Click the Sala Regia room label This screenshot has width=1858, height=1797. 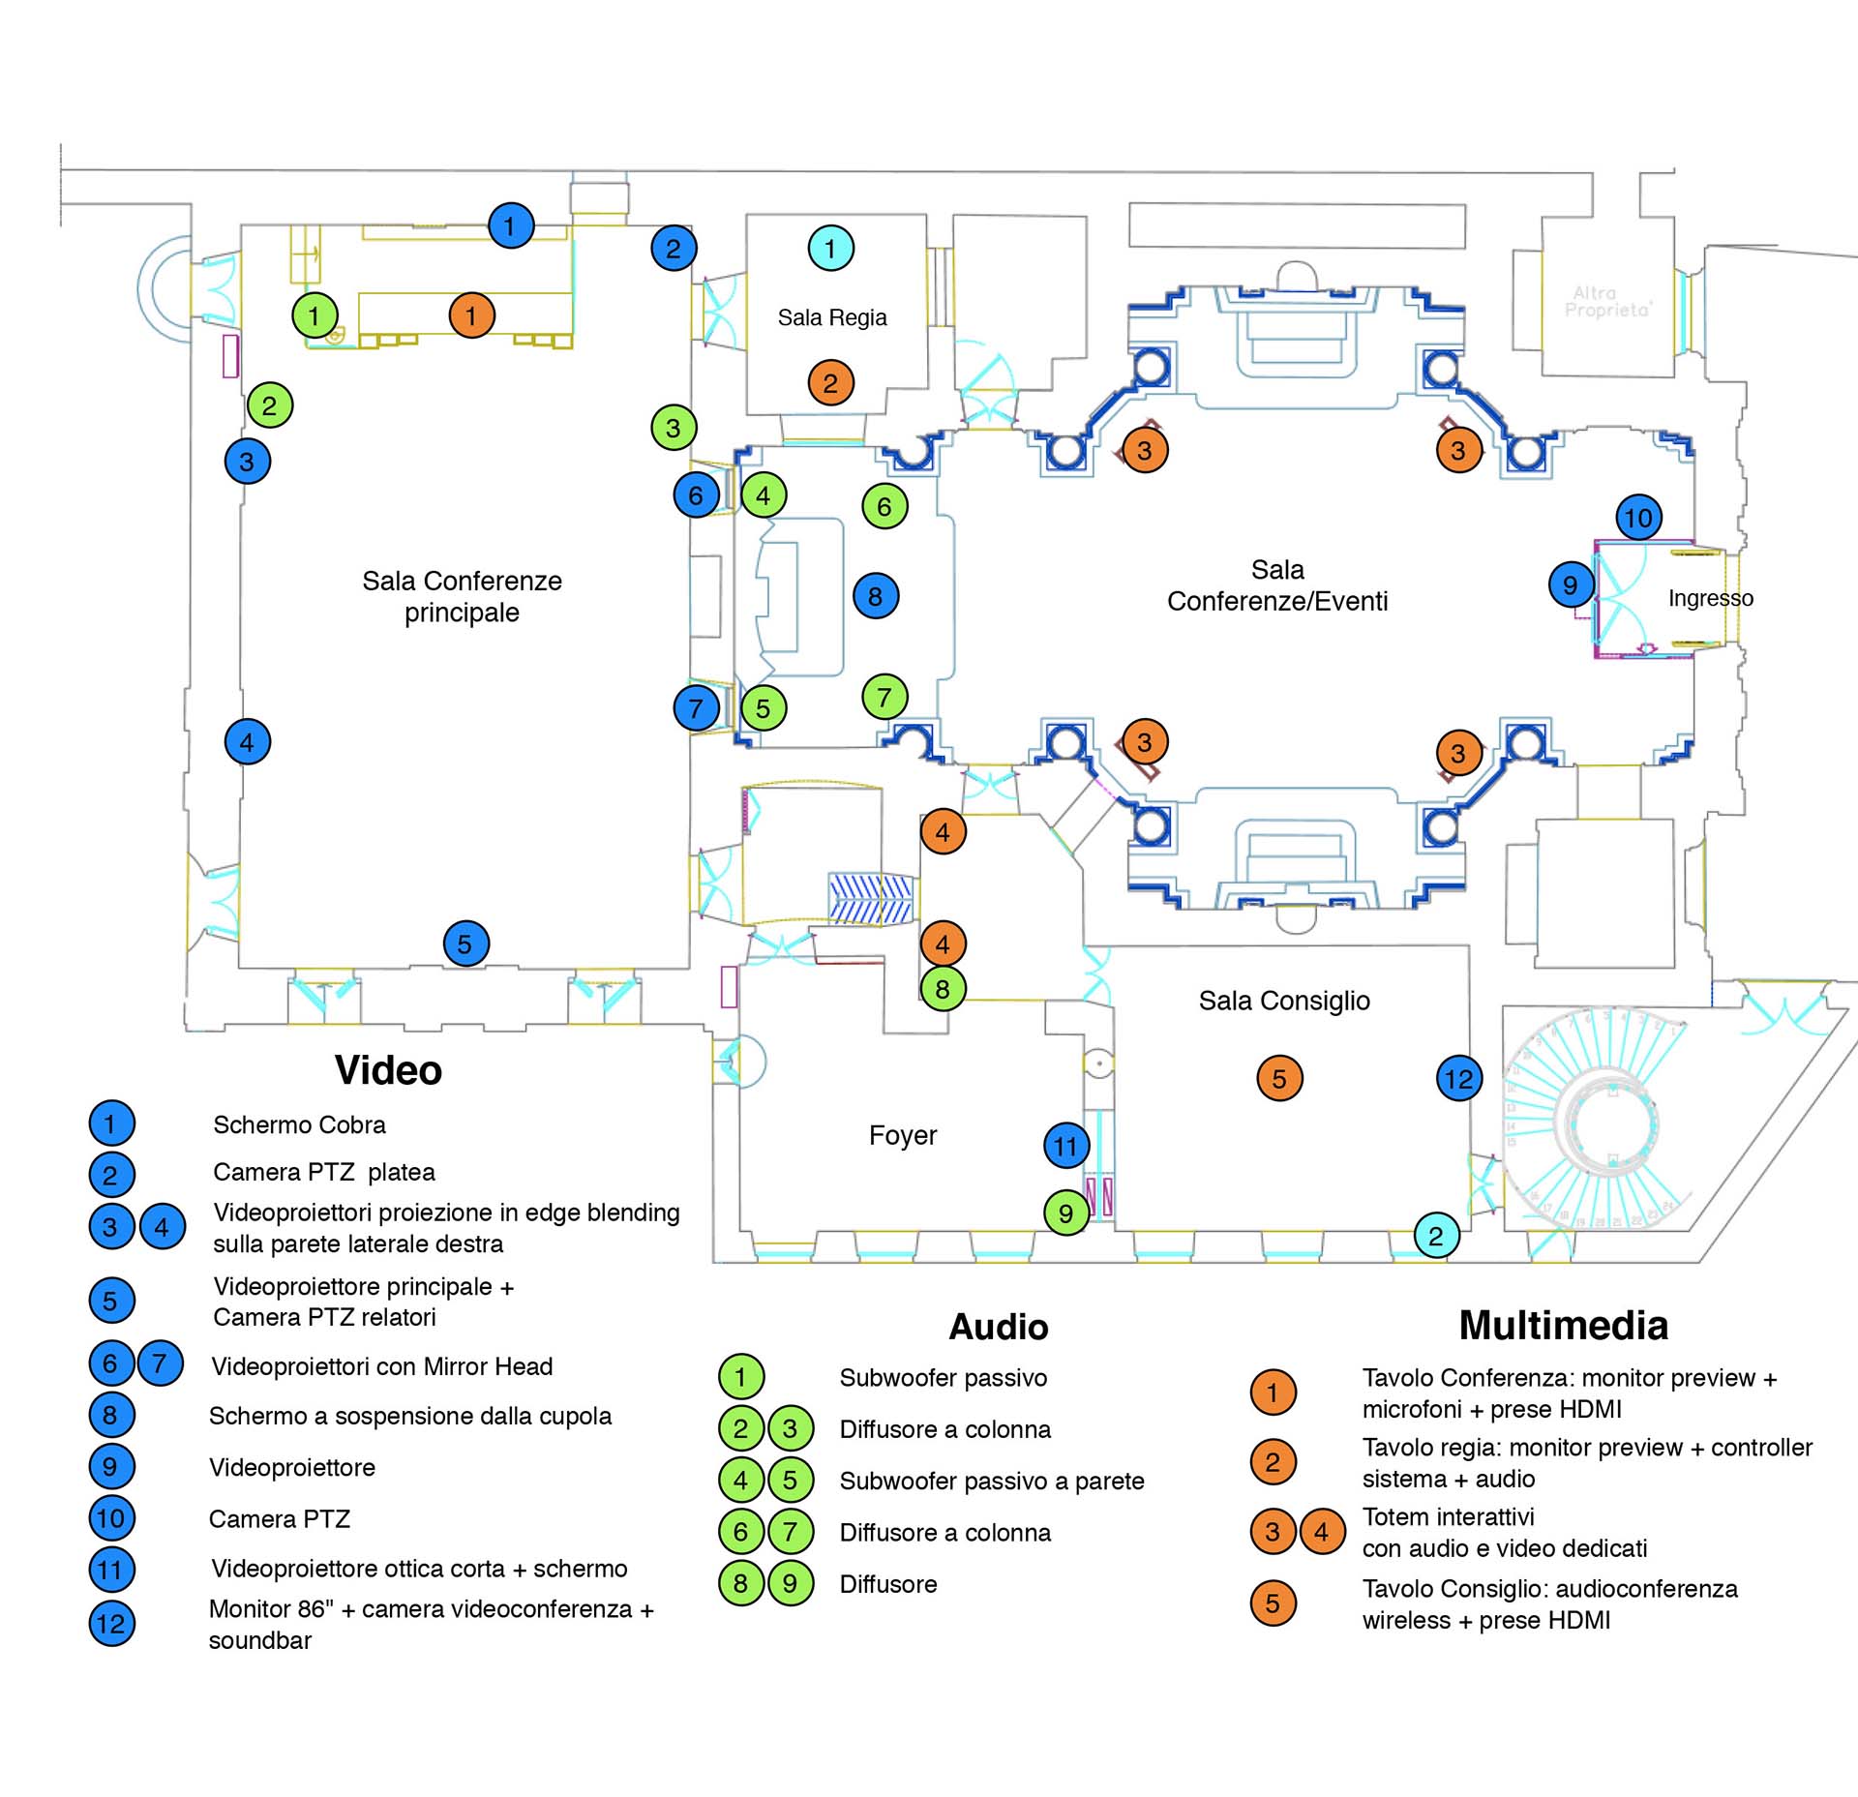pyautogui.click(x=831, y=317)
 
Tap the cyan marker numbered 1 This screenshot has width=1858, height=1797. pyautogui.click(x=830, y=248)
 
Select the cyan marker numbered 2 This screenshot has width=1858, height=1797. pyautogui.click(x=1436, y=1236)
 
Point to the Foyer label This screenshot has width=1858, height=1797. pyautogui.click(x=902, y=1135)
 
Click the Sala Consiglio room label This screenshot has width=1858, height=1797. pyautogui.click(x=1284, y=1001)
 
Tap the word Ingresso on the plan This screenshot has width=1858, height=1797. pyautogui.click(x=1710, y=598)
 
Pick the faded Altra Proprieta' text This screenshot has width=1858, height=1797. pyautogui.click(x=1607, y=301)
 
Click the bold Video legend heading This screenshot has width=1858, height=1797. pyautogui.click(x=388, y=1070)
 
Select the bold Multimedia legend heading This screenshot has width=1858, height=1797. pyautogui.click(x=1563, y=1326)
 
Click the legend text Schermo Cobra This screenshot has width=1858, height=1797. pyautogui.click(x=299, y=1124)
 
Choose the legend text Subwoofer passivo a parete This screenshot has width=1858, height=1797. pyautogui.click(x=991, y=1481)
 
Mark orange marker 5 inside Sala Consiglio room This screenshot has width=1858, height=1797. pyautogui.click(x=1279, y=1078)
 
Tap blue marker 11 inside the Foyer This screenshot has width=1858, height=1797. pyautogui.click(x=1066, y=1147)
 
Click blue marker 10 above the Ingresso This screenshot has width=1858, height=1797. pyautogui.click(x=1638, y=518)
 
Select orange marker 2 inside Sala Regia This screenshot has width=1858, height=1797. pyautogui.click(x=830, y=383)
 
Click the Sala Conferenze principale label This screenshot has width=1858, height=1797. pyautogui.click(x=462, y=596)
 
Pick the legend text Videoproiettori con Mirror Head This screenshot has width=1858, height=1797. pyautogui.click(x=381, y=1366)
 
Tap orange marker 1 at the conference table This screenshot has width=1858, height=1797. pyautogui.click(x=471, y=315)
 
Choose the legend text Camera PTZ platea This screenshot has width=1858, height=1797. pyautogui.click(x=323, y=1172)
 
